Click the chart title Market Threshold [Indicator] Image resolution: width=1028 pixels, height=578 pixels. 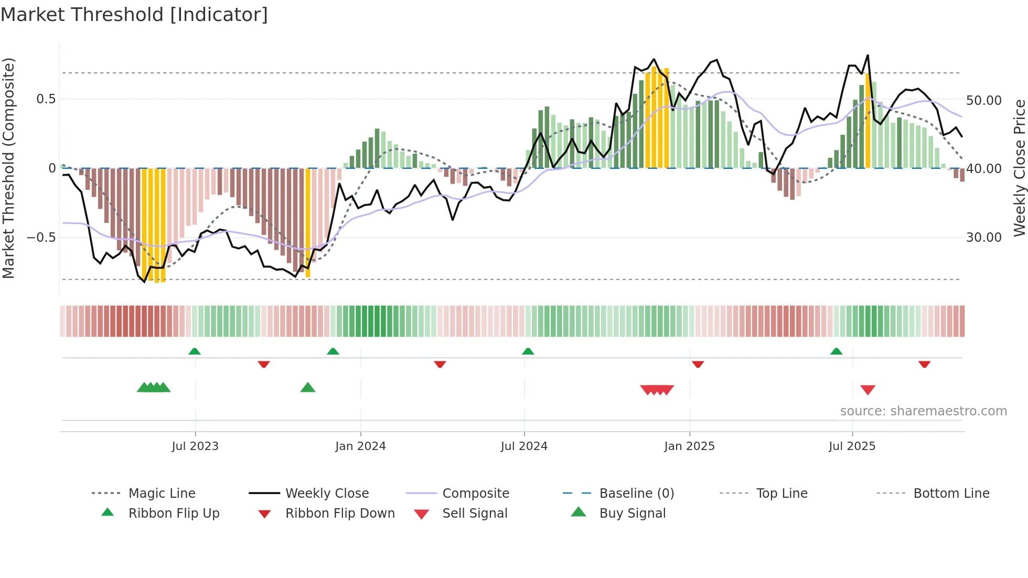[134, 15]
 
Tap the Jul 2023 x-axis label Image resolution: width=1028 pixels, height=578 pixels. [195, 446]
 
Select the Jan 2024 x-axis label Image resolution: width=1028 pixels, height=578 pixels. [360, 446]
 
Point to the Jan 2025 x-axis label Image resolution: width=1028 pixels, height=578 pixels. [689, 446]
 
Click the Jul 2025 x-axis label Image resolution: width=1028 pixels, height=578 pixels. [852, 446]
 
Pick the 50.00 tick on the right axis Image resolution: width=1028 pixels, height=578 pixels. [983, 100]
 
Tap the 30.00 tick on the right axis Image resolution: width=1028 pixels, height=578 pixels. [983, 238]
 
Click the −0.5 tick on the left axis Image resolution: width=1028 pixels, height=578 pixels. [41, 238]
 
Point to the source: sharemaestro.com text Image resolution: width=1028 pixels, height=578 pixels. [923, 411]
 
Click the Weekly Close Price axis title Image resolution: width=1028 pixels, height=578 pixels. [1019, 168]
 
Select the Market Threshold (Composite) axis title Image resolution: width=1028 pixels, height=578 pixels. [8, 168]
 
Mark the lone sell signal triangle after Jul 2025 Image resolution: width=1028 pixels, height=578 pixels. [868, 390]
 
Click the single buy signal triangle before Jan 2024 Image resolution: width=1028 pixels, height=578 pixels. [308, 388]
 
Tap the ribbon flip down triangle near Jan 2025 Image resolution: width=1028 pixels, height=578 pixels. [698, 364]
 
